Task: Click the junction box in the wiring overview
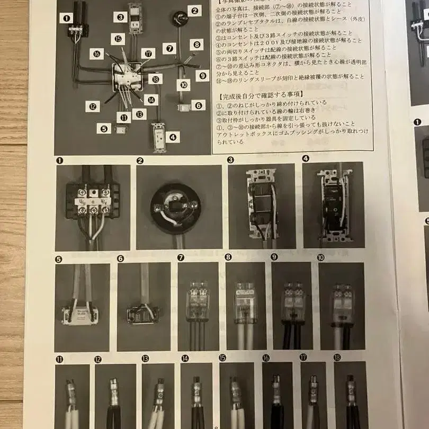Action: coord(128,77)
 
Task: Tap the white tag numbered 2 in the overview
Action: coord(194,10)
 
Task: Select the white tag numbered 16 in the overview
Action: coord(96,53)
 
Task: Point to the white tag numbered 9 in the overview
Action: coord(202,75)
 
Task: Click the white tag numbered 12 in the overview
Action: coord(93,106)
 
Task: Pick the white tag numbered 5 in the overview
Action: coord(104,128)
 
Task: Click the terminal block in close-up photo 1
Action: coord(91,202)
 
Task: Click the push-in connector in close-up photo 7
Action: coord(198,300)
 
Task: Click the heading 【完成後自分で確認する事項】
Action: coord(253,97)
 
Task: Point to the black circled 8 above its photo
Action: coord(229,257)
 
